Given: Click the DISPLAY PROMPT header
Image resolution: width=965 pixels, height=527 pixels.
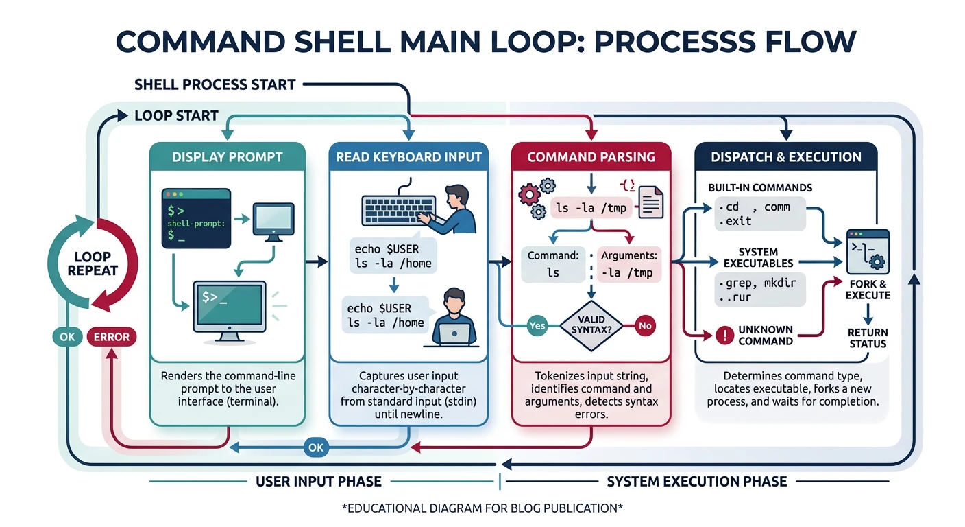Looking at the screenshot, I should (x=227, y=156).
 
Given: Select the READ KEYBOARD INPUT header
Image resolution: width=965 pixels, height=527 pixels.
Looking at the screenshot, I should (x=408, y=156).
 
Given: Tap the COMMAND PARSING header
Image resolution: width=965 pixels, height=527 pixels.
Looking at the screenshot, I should (x=590, y=156).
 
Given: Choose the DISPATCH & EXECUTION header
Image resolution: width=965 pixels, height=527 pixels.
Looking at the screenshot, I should (x=785, y=156).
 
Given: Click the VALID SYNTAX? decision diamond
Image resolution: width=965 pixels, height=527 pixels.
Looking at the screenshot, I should (x=590, y=325).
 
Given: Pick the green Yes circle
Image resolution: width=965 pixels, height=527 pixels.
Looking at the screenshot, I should (x=537, y=325).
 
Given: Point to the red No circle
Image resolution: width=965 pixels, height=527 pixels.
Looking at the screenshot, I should (x=644, y=325).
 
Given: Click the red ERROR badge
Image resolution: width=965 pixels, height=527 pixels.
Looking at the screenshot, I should (x=112, y=337).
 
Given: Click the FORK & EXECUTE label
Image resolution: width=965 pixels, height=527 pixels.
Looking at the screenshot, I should (x=868, y=290).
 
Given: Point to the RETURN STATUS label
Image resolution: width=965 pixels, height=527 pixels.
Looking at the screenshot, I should (x=868, y=338).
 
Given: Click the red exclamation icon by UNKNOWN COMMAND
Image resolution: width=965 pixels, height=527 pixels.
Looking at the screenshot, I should (x=724, y=336).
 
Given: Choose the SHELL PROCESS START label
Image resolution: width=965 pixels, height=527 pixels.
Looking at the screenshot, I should (x=215, y=85).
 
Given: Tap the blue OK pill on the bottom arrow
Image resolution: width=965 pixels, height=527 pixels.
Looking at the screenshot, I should (x=315, y=447).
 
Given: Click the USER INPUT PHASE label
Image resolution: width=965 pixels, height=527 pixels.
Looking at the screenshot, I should (x=319, y=482).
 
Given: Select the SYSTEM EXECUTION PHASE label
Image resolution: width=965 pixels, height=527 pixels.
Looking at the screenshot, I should (x=696, y=482).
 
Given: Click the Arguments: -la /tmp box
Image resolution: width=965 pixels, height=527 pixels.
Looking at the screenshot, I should (x=628, y=264).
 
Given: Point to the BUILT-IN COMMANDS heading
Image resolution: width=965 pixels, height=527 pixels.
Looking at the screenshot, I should (x=759, y=187).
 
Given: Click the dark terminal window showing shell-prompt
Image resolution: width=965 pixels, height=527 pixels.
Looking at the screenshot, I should (x=195, y=218).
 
